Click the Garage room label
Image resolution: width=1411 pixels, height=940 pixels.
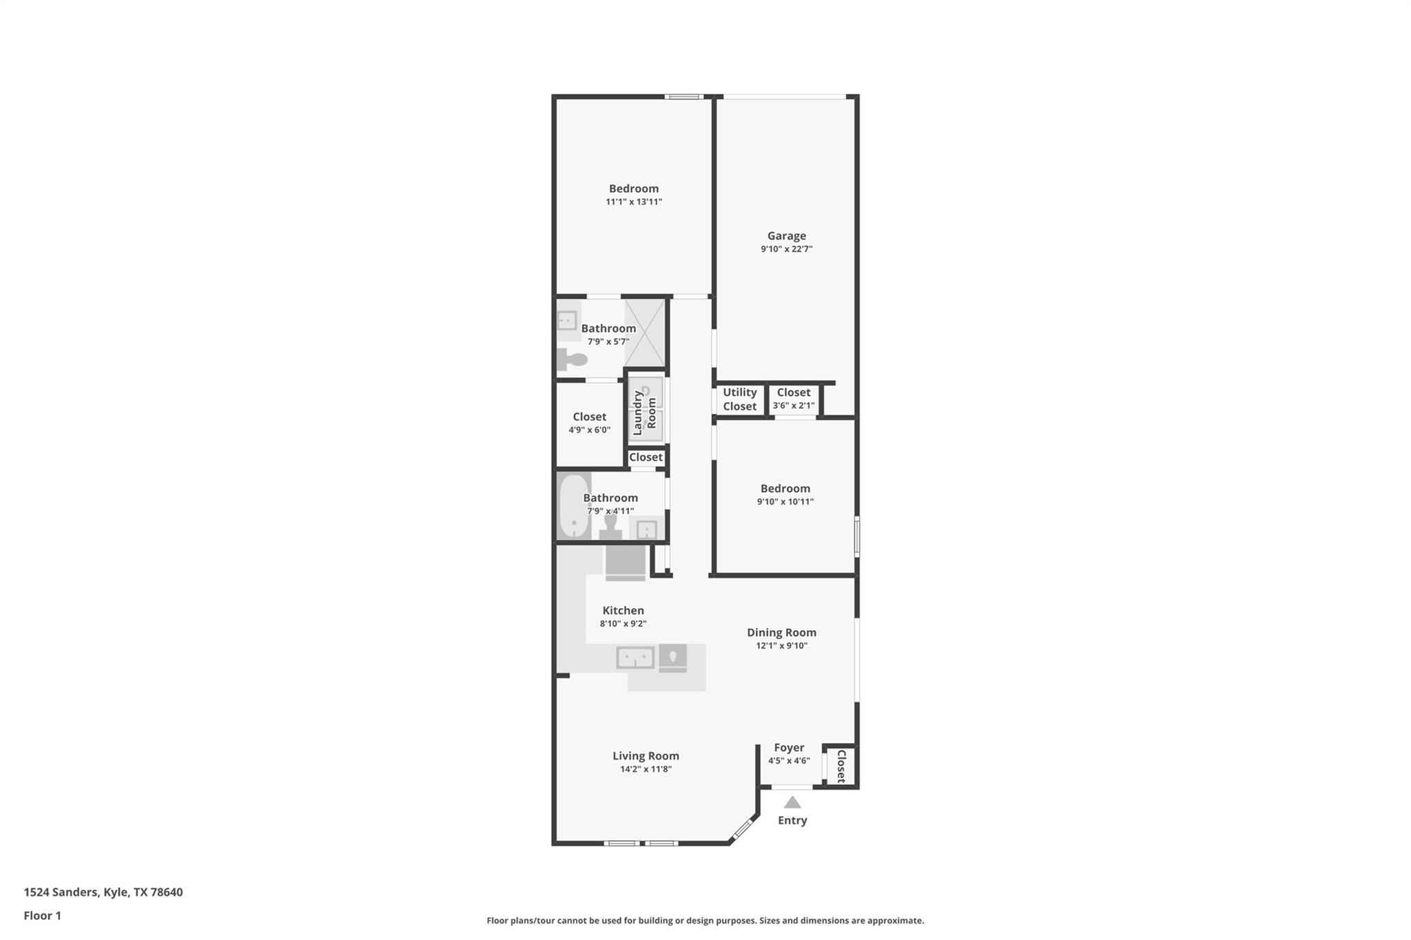coord(786,236)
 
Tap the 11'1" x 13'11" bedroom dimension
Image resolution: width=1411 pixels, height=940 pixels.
coord(633,202)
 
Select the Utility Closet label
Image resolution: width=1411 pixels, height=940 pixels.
coord(739,399)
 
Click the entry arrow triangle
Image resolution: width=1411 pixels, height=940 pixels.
coord(792,802)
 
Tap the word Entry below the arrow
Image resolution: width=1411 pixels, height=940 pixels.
coord(792,820)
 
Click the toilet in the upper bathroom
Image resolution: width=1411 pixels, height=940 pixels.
coord(571,359)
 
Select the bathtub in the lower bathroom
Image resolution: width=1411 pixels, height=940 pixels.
coord(573,506)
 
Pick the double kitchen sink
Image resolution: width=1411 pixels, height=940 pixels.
coord(635,658)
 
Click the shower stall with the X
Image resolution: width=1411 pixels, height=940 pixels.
coord(645,333)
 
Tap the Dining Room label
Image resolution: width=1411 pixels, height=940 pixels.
coord(781,632)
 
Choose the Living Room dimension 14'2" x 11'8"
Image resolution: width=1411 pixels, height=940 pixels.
coord(646,769)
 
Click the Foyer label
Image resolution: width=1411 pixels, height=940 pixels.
coord(789,747)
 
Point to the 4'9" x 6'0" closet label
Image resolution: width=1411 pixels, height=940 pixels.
coord(589,430)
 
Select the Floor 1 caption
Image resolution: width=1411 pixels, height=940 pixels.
coord(43,915)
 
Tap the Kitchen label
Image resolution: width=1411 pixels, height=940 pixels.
coord(623,610)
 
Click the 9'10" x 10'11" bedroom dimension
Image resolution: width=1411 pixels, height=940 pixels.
coord(785,501)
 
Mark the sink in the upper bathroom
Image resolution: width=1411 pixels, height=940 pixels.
coord(567,320)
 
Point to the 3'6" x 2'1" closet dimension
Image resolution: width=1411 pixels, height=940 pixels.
coord(794,406)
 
